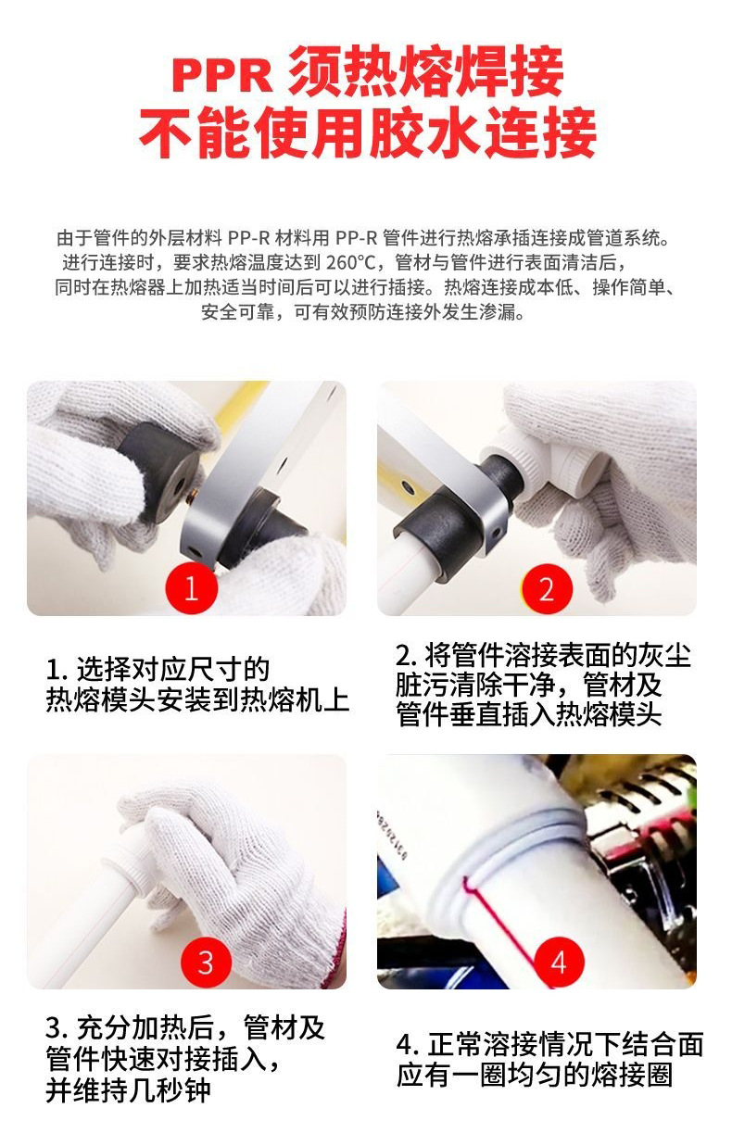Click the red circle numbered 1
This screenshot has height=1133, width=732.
click(x=192, y=588)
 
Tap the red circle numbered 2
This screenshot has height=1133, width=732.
click(x=547, y=589)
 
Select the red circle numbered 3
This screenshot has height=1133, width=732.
click(x=206, y=962)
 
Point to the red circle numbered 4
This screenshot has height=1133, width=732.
click(x=559, y=962)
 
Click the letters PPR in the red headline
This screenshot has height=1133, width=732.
click(x=221, y=76)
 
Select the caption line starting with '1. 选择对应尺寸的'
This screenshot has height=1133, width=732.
click(x=158, y=670)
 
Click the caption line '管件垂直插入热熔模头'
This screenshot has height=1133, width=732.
click(x=529, y=714)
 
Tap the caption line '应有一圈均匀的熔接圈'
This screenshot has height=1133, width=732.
click(x=535, y=1075)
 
